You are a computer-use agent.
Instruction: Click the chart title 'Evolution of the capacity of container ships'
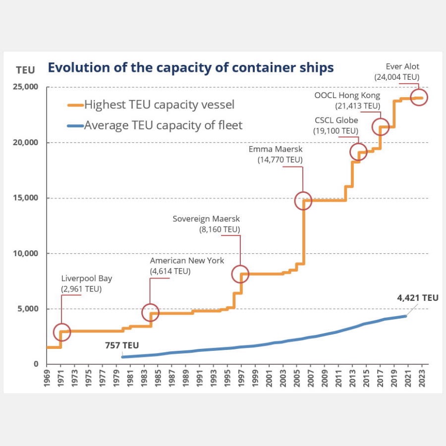[190, 67]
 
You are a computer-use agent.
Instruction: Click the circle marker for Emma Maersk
[303, 200]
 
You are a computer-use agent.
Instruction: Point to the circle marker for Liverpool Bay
[61, 332]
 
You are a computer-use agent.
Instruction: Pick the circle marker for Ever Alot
[419, 98]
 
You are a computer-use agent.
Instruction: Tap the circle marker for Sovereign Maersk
[241, 274]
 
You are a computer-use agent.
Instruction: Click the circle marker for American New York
[150, 312]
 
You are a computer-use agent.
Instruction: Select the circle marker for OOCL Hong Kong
[380, 127]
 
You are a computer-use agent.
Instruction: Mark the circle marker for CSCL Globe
[358, 152]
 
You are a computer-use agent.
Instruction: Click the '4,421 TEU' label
[418, 298]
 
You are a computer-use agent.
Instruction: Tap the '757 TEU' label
[122, 345]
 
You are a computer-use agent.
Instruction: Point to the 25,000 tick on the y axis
[25, 87]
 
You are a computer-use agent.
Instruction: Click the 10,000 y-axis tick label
[25, 253]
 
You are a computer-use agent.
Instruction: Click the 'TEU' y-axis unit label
[25, 70]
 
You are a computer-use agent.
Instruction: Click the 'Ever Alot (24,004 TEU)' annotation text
[398, 72]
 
